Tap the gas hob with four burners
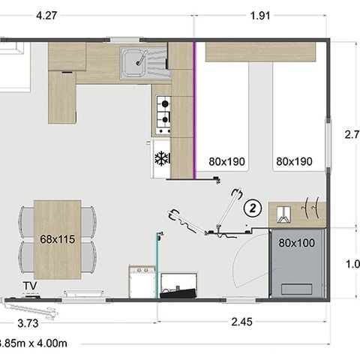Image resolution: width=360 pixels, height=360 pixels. tap(163, 110)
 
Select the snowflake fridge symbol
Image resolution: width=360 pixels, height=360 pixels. tap(159, 158)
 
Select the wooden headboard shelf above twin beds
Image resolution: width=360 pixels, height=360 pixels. tap(260, 52)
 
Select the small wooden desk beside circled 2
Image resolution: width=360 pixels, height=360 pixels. tap(296, 214)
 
